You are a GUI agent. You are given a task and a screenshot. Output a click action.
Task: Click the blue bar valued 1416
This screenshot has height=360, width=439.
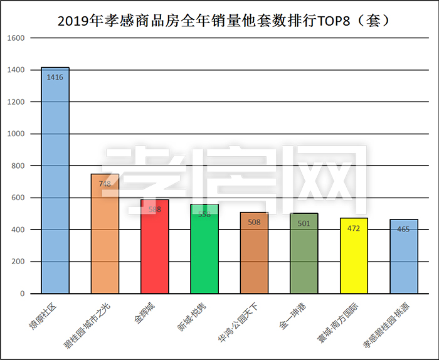tap(55, 182)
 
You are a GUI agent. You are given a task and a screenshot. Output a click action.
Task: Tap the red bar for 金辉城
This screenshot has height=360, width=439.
tap(154, 248)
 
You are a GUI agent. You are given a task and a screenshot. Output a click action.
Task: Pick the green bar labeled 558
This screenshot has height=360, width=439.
tap(204, 251)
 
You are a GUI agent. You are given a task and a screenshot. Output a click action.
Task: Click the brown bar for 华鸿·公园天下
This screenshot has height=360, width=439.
tap(254, 254)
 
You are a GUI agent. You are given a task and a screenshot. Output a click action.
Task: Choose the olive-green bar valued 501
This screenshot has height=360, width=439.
tap(304, 254)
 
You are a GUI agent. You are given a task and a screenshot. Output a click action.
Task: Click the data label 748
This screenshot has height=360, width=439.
tap(105, 184)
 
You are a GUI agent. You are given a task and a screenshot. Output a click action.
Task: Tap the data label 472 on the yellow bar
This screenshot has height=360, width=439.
tap(354, 228)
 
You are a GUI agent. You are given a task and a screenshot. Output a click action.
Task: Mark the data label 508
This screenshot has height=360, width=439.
tap(254, 221)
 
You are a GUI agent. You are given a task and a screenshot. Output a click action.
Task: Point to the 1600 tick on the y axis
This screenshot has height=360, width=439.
tap(16, 38)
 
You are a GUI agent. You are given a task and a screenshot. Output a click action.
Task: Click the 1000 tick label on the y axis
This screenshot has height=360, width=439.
tap(16, 134)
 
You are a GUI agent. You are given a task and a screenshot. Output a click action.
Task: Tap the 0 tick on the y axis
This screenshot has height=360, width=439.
tap(22, 294)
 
